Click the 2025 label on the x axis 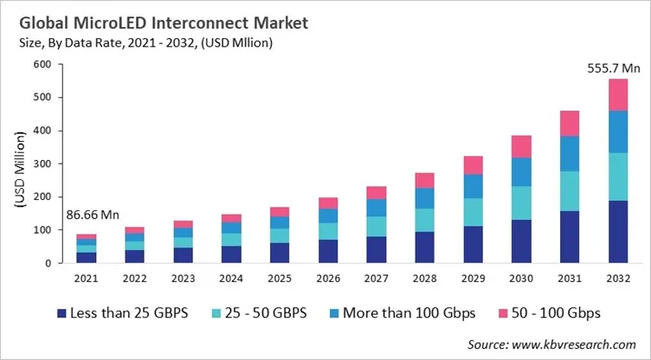[x=279, y=278]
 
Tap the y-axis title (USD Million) [x=19, y=163]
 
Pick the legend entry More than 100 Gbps [x=410, y=312]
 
